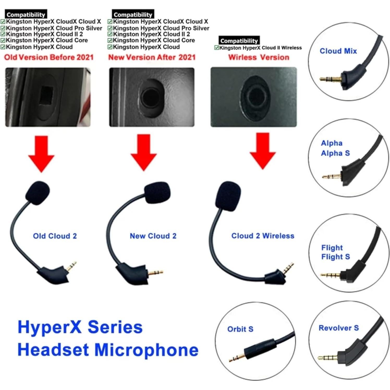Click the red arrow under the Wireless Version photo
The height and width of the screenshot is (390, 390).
[x=263, y=150]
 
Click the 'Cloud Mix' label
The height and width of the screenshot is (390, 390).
[x=338, y=51]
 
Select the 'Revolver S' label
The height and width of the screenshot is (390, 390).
[x=339, y=328]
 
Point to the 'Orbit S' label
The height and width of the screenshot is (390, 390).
[x=240, y=329]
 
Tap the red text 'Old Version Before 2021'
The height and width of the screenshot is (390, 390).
[x=49, y=57]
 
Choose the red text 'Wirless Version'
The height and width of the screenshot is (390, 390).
[x=259, y=57]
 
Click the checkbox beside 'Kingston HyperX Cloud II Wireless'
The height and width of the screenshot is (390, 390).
[x=216, y=48]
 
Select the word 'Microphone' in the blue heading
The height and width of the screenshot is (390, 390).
[x=146, y=350]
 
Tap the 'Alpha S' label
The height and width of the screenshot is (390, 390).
[x=335, y=153]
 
